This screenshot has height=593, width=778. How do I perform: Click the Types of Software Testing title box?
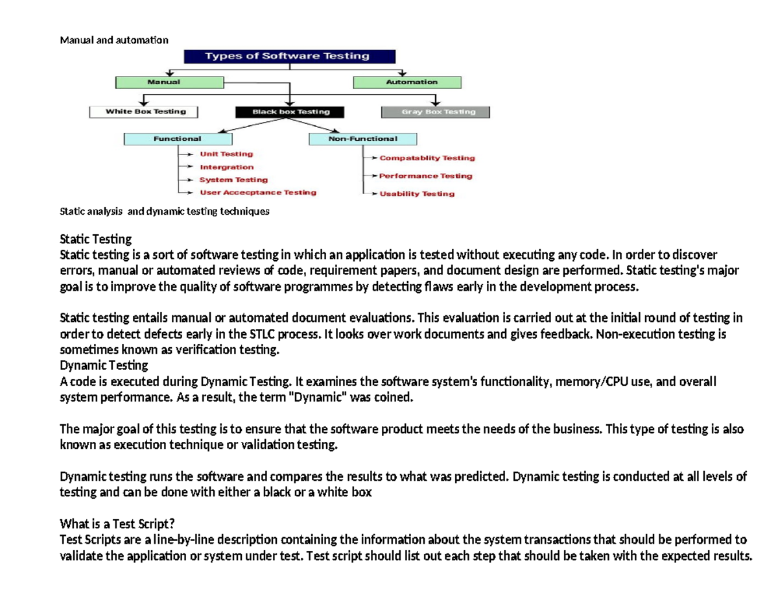point(287,56)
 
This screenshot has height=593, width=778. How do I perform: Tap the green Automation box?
point(407,82)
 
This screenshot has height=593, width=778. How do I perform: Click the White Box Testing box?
point(143,112)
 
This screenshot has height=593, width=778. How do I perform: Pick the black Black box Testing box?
point(281,112)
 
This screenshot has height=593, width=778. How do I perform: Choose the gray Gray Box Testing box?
point(435,112)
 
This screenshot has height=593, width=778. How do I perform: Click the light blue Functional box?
point(178,139)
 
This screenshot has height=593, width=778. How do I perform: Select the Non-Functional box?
point(363,139)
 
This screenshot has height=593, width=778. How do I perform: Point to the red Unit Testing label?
point(226,154)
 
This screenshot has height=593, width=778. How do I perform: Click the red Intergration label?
point(226,167)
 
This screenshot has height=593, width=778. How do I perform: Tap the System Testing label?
point(233,180)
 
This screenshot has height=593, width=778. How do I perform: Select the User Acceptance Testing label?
point(257,193)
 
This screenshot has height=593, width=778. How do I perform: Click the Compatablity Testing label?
point(427,158)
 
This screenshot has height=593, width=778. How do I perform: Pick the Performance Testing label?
point(425,176)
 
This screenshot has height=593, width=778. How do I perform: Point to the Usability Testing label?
point(416,194)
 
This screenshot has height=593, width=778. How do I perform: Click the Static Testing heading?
point(95,239)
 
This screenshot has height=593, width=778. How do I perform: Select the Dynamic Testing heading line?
point(104,365)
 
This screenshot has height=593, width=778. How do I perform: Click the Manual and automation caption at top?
point(114,40)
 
